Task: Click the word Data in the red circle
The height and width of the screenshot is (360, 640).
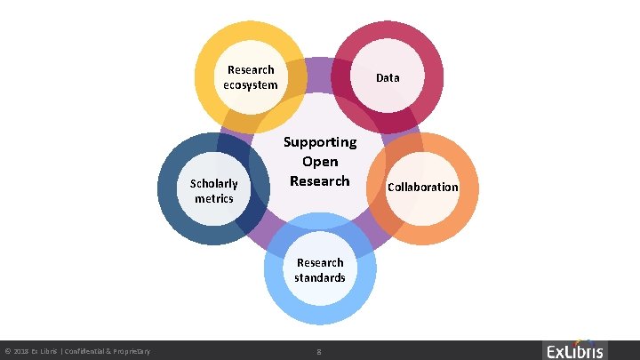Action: coord(388,78)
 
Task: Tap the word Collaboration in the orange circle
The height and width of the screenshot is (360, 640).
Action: coord(422,187)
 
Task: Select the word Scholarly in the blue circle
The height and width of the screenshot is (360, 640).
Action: coord(214,184)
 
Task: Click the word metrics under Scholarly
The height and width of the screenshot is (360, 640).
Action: coord(214,198)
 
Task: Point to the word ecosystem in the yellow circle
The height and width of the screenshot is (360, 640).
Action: coord(251,85)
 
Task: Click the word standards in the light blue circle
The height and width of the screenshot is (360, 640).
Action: coord(320,278)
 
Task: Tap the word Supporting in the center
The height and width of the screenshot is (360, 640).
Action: coord(320,142)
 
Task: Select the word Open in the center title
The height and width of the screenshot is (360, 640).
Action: coord(320,162)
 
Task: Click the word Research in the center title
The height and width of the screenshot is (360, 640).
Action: coord(320,181)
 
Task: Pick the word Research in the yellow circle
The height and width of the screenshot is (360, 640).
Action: coord(251,69)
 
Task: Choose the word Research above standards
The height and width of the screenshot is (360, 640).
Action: coord(320,263)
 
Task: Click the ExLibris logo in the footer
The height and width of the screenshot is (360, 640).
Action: coord(574,350)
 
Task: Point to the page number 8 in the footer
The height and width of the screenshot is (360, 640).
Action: coord(319,353)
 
